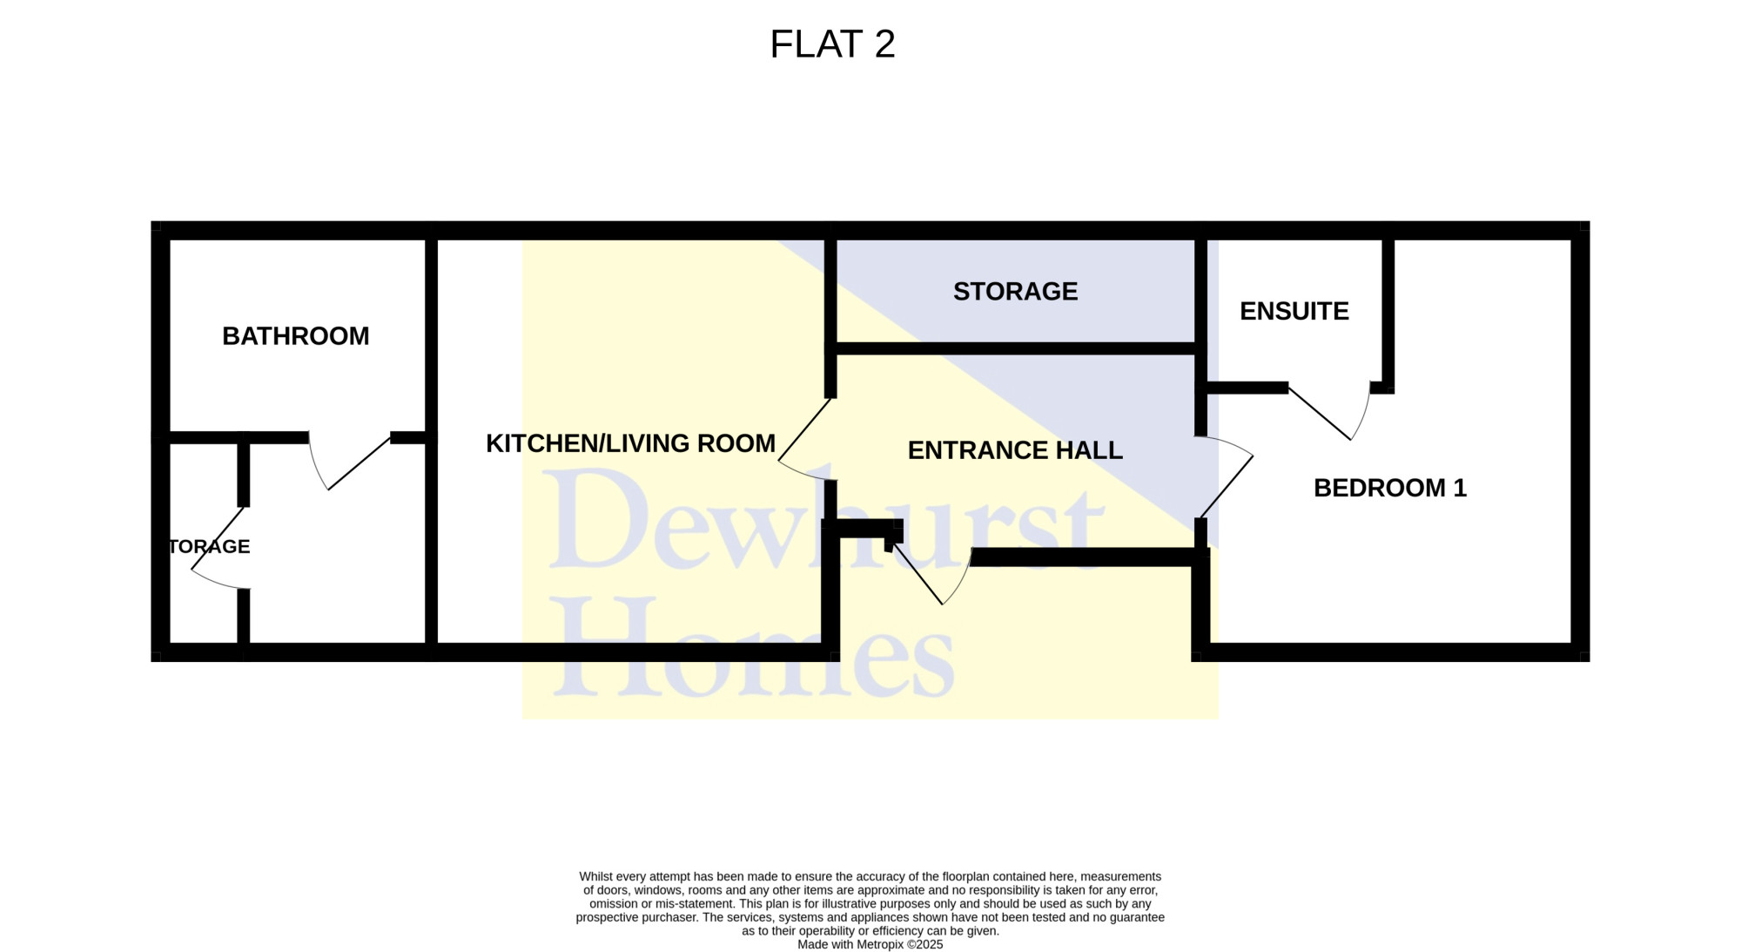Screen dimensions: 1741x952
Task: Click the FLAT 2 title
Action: [832, 44]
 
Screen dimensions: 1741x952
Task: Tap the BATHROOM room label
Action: [296, 336]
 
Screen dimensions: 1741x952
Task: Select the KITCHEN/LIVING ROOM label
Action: [630, 443]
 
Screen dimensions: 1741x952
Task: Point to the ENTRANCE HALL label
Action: [1015, 450]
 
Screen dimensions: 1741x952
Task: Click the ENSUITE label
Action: [1294, 311]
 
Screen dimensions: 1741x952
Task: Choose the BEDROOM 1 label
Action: [1390, 488]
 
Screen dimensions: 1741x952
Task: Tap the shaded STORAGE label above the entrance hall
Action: [1016, 291]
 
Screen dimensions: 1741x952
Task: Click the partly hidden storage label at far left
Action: [209, 546]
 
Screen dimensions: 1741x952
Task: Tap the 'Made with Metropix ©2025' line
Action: [870, 944]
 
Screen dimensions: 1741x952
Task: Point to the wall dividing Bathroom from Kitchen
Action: [431, 441]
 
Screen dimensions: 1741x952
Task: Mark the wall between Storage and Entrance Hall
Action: [1014, 348]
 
